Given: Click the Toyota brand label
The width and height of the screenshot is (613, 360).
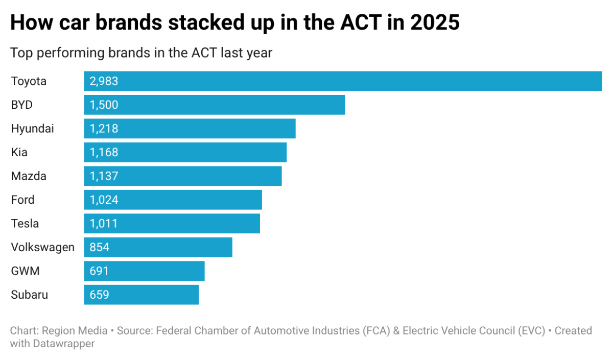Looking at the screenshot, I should [29, 81].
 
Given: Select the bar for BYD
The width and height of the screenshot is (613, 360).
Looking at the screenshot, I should [215, 105].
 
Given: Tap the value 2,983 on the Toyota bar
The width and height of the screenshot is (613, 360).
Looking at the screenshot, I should [104, 81].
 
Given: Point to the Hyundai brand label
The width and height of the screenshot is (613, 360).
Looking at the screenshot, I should [32, 129].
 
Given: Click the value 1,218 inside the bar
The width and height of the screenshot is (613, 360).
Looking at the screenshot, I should [104, 129].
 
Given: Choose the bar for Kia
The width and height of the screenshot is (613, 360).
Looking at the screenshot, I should [185, 152].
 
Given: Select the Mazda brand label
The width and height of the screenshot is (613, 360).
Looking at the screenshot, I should [29, 176].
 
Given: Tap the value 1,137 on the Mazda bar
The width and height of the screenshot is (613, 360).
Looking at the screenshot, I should [104, 176].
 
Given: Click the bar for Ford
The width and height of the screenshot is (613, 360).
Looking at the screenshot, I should [173, 200].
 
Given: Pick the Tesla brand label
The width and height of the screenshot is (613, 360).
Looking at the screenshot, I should [25, 224].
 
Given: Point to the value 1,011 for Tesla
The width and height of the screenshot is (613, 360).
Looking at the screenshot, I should [104, 224].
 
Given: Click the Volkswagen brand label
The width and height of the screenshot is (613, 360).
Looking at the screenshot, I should [43, 248].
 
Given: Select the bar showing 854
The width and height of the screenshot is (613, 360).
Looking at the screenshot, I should [158, 247].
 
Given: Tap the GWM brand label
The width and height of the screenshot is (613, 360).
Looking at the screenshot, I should [25, 271].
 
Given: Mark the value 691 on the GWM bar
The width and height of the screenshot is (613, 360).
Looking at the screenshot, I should [100, 271].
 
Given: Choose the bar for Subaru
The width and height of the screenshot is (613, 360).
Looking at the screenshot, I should [142, 295].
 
